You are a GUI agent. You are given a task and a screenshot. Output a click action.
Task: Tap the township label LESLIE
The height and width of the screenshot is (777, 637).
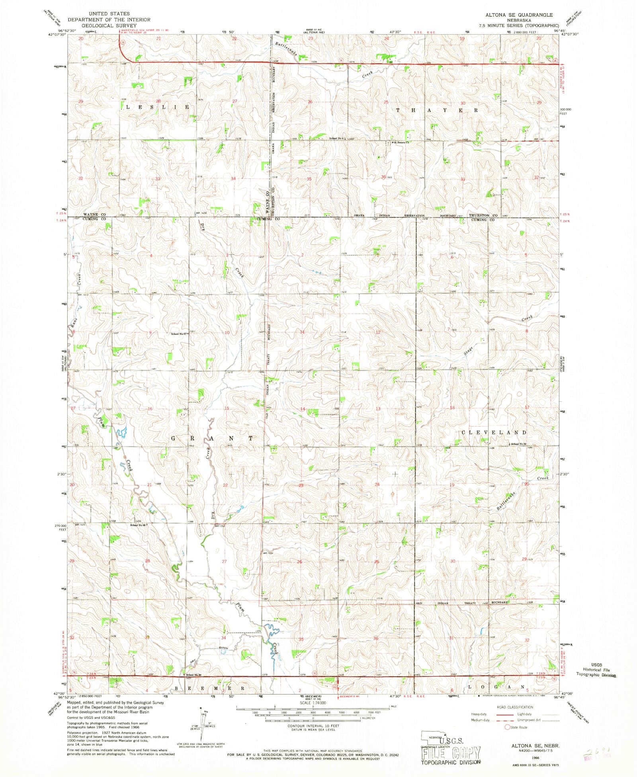pos(157,107)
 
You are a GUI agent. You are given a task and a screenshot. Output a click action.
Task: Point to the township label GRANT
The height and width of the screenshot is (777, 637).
pos(212,438)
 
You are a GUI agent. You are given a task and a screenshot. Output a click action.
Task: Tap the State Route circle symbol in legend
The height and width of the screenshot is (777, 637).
pos(507,727)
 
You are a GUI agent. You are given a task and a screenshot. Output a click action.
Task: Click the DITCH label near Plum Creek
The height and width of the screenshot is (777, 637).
pos(223,648)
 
